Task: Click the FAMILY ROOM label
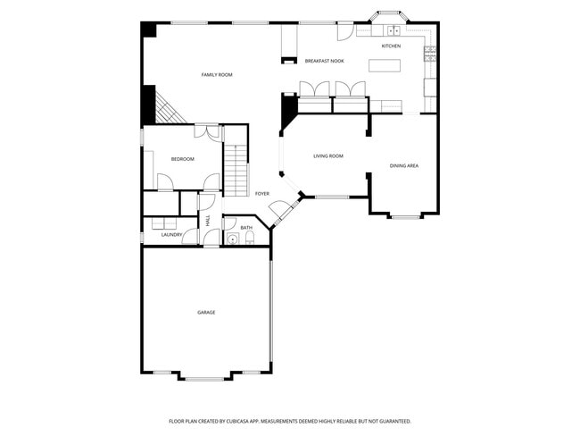tap(216, 75)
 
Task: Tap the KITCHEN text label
tap(391, 46)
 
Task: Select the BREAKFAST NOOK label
tap(324, 61)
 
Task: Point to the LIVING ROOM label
tap(327, 156)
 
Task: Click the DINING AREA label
tap(404, 165)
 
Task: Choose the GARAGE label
tap(206, 312)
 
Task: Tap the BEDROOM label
tap(182, 159)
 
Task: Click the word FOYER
tap(262, 194)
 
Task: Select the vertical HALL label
tap(208, 220)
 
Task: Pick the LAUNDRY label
tap(171, 235)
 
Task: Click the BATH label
tap(246, 228)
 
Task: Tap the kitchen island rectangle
tap(384, 64)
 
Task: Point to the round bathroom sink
tap(231, 239)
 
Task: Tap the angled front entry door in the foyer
tap(284, 212)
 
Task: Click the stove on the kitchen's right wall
tap(430, 51)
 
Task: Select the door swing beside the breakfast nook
tap(343, 31)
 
